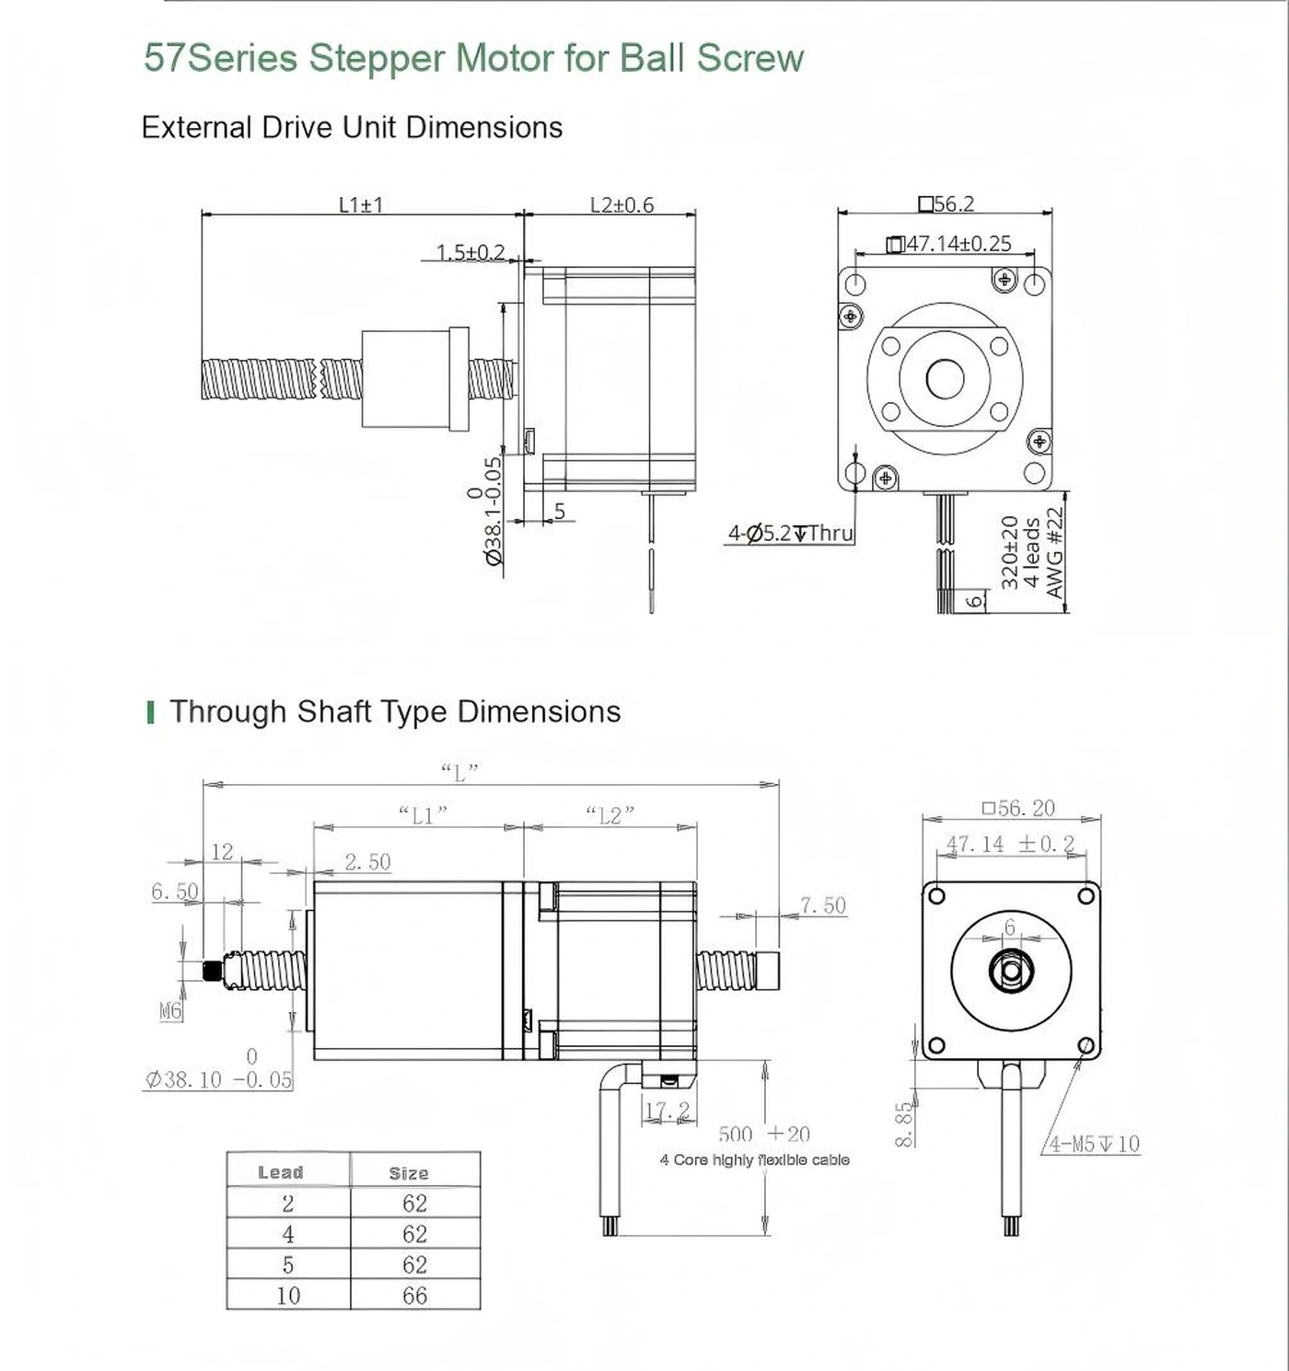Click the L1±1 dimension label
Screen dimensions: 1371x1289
(361, 204)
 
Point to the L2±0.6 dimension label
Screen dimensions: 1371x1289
(621, 204)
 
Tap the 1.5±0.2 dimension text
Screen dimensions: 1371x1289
(470, 252)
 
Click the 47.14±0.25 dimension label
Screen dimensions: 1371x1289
(949, 244)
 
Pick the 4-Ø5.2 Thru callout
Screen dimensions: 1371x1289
(791, 533)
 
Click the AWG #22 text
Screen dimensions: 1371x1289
(1055, 552)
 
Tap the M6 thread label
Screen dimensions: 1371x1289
(170, 1011)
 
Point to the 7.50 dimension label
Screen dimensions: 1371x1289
(822, 905)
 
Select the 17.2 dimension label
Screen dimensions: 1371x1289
(667, 1112)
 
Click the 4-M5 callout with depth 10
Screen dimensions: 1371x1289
(1095, 1144)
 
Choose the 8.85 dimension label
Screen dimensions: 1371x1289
(905, 1123)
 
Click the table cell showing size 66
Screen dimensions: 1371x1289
(414, 1296)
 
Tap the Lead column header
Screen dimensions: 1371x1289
(281, 1172)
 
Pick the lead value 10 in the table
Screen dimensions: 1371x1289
(288, 1296)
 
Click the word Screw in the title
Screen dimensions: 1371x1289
(749, 58)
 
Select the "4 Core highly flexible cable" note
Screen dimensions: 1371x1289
(754, 1160)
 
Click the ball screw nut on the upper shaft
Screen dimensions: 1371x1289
(414, 379)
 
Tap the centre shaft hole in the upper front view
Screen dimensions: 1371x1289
(945, 378)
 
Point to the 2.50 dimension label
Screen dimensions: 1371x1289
(367, 862)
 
